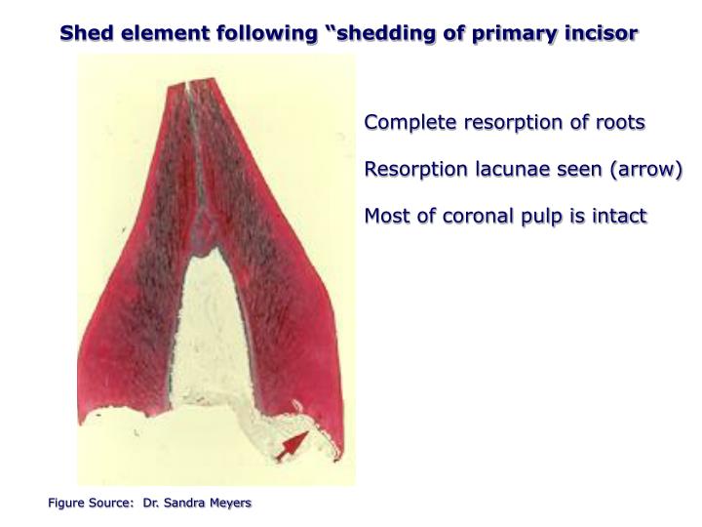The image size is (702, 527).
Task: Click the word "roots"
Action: [621, 123]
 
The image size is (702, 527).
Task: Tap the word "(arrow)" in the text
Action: [640, 169]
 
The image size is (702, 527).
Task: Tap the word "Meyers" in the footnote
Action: [233, 503]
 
